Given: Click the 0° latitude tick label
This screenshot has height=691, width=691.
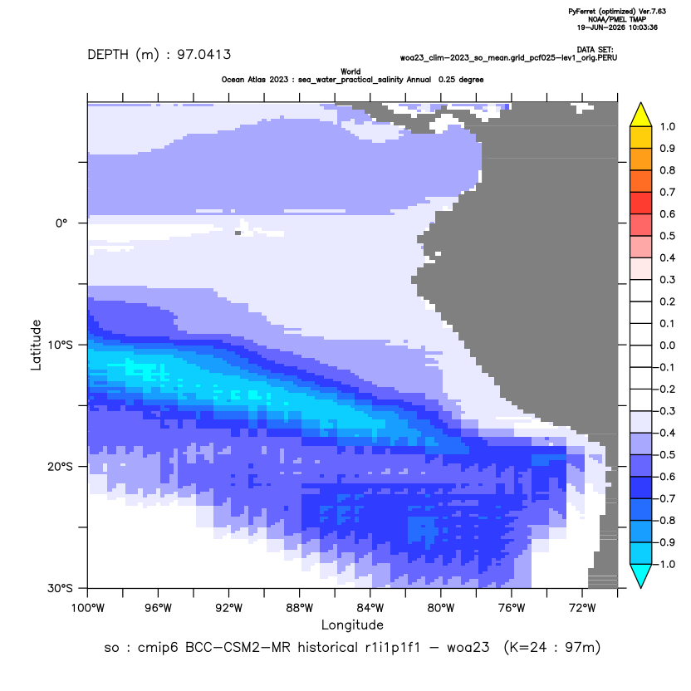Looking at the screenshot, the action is [x=61, y=223].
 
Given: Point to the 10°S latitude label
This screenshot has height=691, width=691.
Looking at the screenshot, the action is [x=60, y=345].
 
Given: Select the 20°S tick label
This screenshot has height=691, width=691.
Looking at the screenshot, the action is [x=60, y=467].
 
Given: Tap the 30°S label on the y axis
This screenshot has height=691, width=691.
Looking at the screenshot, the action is [x=60, y=588].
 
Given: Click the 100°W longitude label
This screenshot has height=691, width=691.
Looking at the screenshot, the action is [x=88, y=609].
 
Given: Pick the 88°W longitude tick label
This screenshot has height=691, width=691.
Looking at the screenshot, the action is [x=300, y=609].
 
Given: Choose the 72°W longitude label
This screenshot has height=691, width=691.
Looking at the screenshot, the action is [x=582, y=609].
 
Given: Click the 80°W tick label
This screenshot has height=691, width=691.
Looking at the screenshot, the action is [x=441, y=609].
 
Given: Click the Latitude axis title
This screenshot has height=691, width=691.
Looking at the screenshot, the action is [x=36, y=345].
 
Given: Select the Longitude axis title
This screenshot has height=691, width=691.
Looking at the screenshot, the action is [x=352, y=625].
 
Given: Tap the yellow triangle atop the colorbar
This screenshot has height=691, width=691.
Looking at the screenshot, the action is [x=641, y=115].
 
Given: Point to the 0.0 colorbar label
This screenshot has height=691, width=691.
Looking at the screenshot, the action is [x=668, y=345].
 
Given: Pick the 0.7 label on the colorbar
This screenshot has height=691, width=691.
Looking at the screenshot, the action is [x=668, y=192].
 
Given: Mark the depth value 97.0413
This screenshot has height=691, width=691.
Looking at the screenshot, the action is [x=204, y=55].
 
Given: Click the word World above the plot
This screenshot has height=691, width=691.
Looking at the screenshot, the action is [x=350, y=71].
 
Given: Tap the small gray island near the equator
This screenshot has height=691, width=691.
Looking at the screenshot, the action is [x=238, y=233].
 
